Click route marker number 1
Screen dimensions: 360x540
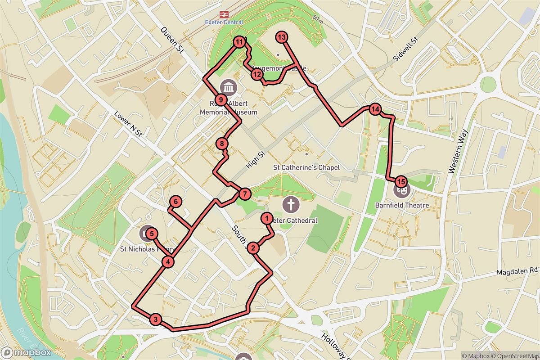tap(267, 219)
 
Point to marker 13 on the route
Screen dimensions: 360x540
tap(282, 37)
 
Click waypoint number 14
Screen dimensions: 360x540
tap(375, 109)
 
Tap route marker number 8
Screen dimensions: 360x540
tap(222, 144)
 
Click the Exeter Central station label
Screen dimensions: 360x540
tap(224, 22)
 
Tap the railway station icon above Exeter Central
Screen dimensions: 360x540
tap(224, 14)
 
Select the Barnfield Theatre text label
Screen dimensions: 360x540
tap(402, 206)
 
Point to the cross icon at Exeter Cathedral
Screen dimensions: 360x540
tap(291, 205)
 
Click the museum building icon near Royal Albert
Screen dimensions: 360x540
tap(228, 87)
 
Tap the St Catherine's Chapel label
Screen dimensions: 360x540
tap(306, 167)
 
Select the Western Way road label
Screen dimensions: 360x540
tap(459, 151)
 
